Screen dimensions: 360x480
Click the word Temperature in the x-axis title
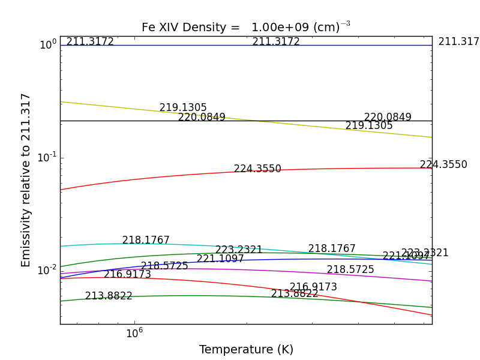[230, 350]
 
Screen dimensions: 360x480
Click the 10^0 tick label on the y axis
[48, 45]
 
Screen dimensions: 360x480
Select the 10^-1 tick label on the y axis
[47, 157]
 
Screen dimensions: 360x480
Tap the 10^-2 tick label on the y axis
[47, 269]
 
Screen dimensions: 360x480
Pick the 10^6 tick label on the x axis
[134, 334]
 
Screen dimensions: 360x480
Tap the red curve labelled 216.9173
[210, 283]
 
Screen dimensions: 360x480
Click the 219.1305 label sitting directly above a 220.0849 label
[183, 108]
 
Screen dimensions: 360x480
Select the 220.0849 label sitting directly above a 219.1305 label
[388, 118]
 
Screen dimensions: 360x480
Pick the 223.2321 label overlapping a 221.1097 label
[425, 253]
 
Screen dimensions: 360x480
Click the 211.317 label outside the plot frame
[458, 42]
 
